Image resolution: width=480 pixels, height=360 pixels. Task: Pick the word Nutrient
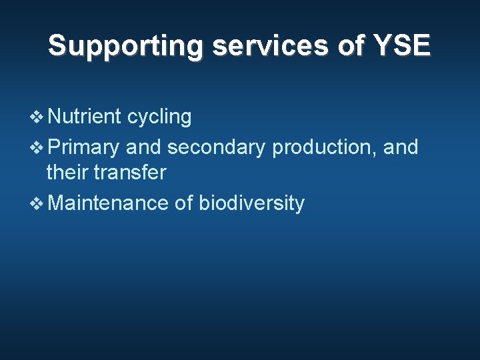(x=84, y=117)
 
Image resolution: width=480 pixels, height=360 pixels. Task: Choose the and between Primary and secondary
(x=143, y=147)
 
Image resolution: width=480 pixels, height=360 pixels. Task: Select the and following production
(x=401, y=147)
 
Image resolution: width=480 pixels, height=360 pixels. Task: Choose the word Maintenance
(x=108, y=202)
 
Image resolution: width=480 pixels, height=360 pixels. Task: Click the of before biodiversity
(x=183, y=202)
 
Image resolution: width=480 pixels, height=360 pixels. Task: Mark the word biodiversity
(x=251, y=203)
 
